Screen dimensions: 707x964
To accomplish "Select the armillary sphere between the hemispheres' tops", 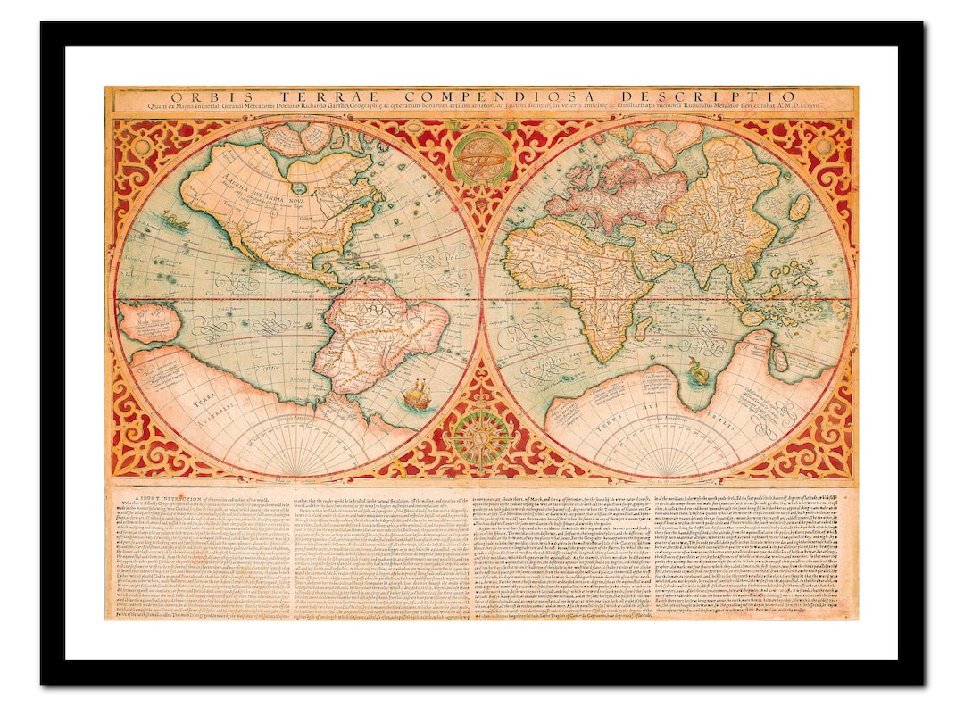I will click(x=481, y=158).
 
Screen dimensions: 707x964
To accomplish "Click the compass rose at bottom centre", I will click(x=481, y=438).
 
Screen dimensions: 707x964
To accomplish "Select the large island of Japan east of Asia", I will click(x=800, y=208).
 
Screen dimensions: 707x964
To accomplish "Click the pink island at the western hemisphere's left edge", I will click(x=147, y=322).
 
